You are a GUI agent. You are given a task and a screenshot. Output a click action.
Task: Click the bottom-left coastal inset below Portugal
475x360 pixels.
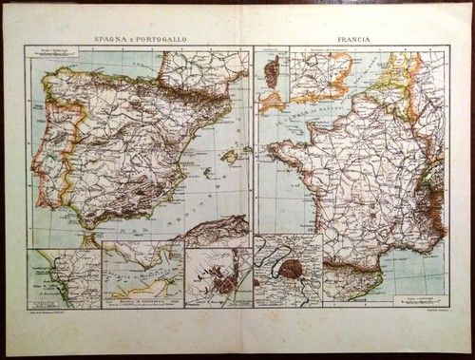coord(63,275)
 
